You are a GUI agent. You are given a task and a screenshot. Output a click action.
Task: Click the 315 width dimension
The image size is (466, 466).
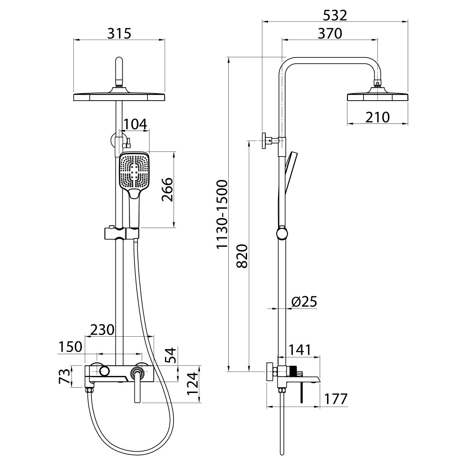coord(119,33)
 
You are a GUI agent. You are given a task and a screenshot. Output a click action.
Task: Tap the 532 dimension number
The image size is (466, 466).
coord(335,16)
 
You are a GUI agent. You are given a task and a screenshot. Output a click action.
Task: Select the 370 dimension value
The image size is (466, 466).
coord(330,34)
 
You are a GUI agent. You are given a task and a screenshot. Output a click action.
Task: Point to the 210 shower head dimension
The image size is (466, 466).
coord(377,118)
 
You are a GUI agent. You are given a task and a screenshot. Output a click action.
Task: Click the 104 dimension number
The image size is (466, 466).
coord(135,124)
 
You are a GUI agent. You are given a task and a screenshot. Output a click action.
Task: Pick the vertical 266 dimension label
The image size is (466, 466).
coord(167,190)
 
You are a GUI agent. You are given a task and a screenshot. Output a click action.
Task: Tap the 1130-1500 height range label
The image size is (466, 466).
coord(222,214)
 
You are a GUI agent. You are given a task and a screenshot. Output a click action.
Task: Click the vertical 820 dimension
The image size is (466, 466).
coord(242,256)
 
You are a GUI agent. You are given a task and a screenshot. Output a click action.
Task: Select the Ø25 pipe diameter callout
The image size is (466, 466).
coord(304,302)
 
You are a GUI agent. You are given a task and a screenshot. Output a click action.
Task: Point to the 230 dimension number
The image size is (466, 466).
coord(102,330)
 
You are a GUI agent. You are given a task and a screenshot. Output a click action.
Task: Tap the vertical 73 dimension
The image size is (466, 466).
coord(64,377)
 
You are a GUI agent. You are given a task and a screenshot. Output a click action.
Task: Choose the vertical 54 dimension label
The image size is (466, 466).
coord(171,355)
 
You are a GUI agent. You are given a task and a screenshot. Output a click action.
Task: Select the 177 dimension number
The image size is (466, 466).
coord(336,399)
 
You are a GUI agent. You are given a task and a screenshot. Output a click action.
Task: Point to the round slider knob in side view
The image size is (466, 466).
coord(282,234)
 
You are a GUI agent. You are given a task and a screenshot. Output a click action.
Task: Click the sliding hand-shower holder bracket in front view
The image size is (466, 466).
coord(122,233)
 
